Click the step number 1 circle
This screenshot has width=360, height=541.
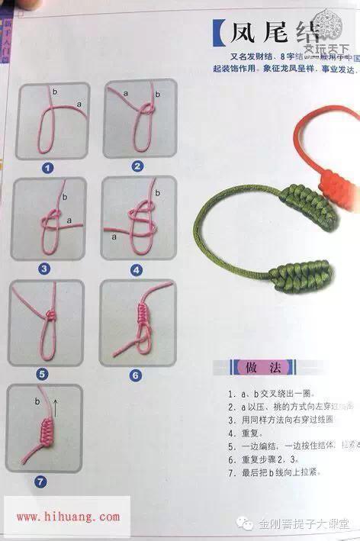[47, 167]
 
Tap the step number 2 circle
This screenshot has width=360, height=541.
[137, 166]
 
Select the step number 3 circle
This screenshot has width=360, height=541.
[44, 268]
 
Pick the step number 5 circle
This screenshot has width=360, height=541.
[43, 374]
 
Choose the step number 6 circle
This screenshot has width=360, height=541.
[136, 375]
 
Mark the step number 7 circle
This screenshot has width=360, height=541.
[40, 481]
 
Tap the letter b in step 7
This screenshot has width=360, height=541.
[37, 400]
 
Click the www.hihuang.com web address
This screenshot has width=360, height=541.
[67, 517]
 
